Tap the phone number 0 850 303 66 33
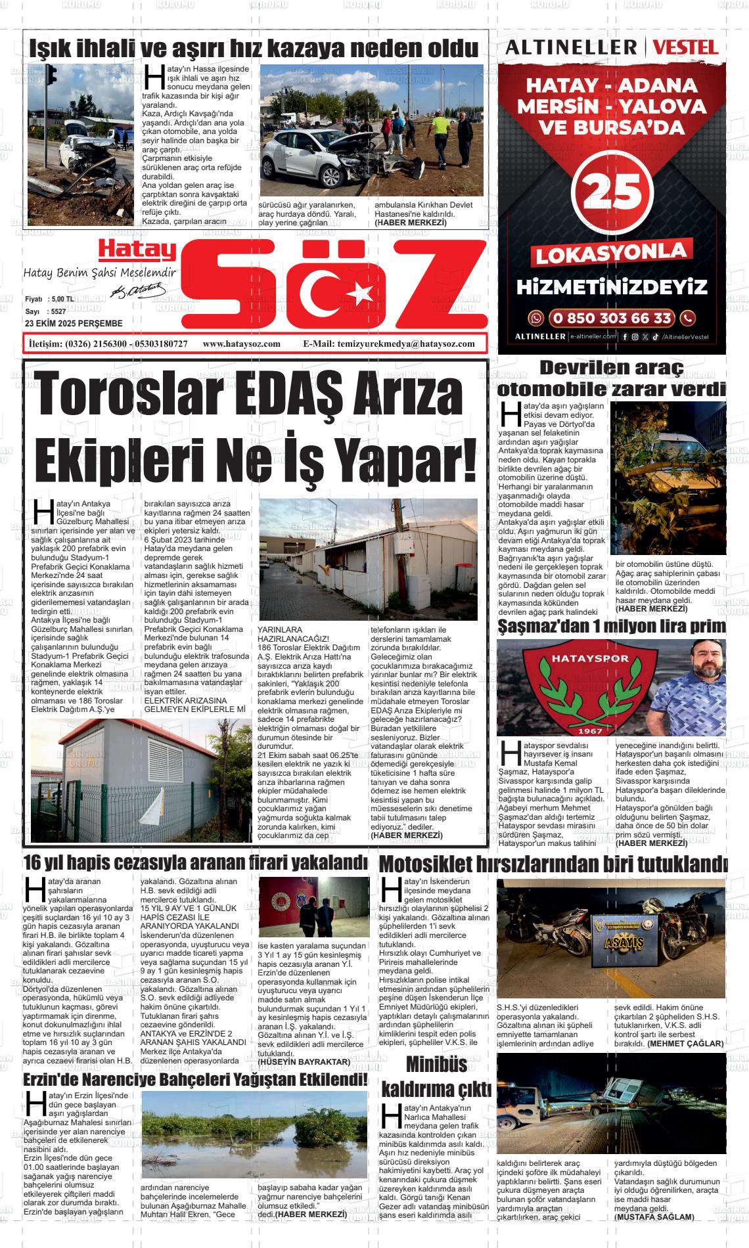612,319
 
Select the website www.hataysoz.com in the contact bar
242,344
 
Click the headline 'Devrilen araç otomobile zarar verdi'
612,378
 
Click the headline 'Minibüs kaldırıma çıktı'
436,1077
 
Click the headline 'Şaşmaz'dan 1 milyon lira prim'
612,627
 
